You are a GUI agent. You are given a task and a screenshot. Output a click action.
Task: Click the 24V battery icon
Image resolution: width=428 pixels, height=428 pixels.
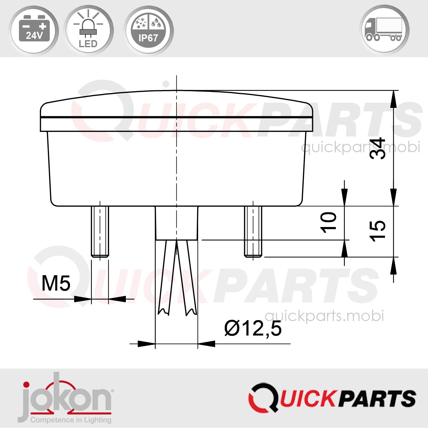34,30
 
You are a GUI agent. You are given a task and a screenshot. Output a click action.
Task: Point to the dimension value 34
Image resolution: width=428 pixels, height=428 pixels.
377,148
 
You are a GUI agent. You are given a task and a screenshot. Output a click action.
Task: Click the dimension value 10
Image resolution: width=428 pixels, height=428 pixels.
328,222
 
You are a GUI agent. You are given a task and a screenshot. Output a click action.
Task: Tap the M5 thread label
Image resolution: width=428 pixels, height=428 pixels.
56,283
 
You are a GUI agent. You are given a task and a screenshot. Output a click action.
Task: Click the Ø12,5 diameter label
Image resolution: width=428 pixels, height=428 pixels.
253,328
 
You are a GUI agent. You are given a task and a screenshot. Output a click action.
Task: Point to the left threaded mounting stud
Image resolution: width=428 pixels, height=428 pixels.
100,231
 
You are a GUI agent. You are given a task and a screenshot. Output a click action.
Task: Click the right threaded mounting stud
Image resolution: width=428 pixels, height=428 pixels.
253,231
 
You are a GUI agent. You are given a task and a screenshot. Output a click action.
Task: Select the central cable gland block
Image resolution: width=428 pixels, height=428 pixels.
177,223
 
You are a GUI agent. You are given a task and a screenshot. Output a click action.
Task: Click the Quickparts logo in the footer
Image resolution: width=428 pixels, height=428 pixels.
332,398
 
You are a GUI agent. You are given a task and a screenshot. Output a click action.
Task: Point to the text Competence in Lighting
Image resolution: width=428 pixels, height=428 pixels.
71,420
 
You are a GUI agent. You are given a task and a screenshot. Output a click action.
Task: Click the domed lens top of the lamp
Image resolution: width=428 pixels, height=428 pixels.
177,103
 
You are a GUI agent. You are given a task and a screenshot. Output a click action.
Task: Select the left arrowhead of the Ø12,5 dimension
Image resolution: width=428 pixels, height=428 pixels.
146,344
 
